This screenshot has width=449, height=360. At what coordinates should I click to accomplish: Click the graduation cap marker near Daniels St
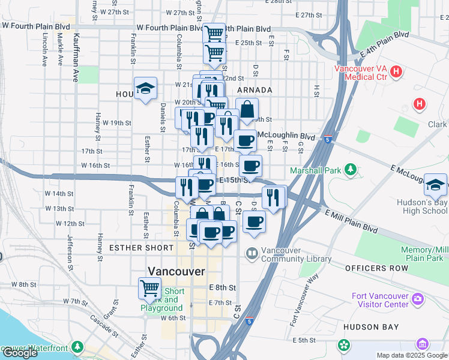[145, 89]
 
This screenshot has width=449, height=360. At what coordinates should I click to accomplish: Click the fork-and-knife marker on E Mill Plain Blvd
[273, 197]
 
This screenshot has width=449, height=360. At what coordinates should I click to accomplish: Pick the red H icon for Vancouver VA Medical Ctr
[396, 72]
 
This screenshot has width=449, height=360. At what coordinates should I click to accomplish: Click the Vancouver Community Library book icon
[251, 254]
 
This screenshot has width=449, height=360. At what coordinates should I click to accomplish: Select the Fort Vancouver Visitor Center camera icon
[417, 298]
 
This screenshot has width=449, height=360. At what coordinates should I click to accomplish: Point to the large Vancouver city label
[176, 271]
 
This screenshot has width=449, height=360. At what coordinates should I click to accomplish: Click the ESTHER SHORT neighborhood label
[137, 247]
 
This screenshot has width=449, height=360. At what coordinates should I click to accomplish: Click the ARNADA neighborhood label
[255, 90]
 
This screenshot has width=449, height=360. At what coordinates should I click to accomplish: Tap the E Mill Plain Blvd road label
[351, 221]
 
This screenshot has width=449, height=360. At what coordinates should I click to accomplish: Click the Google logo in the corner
[20, 353]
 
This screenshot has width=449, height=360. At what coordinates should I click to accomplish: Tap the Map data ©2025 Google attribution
[411, 355]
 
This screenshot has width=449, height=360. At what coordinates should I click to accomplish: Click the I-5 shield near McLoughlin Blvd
[328, 139]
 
